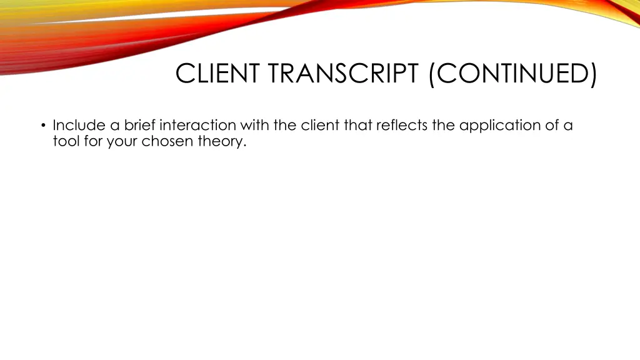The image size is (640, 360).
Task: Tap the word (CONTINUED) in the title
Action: coord(512,74)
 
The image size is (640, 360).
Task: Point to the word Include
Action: coord(79,126)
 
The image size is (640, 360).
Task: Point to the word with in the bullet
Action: coord(254,126)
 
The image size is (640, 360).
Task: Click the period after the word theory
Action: coord(245,146)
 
